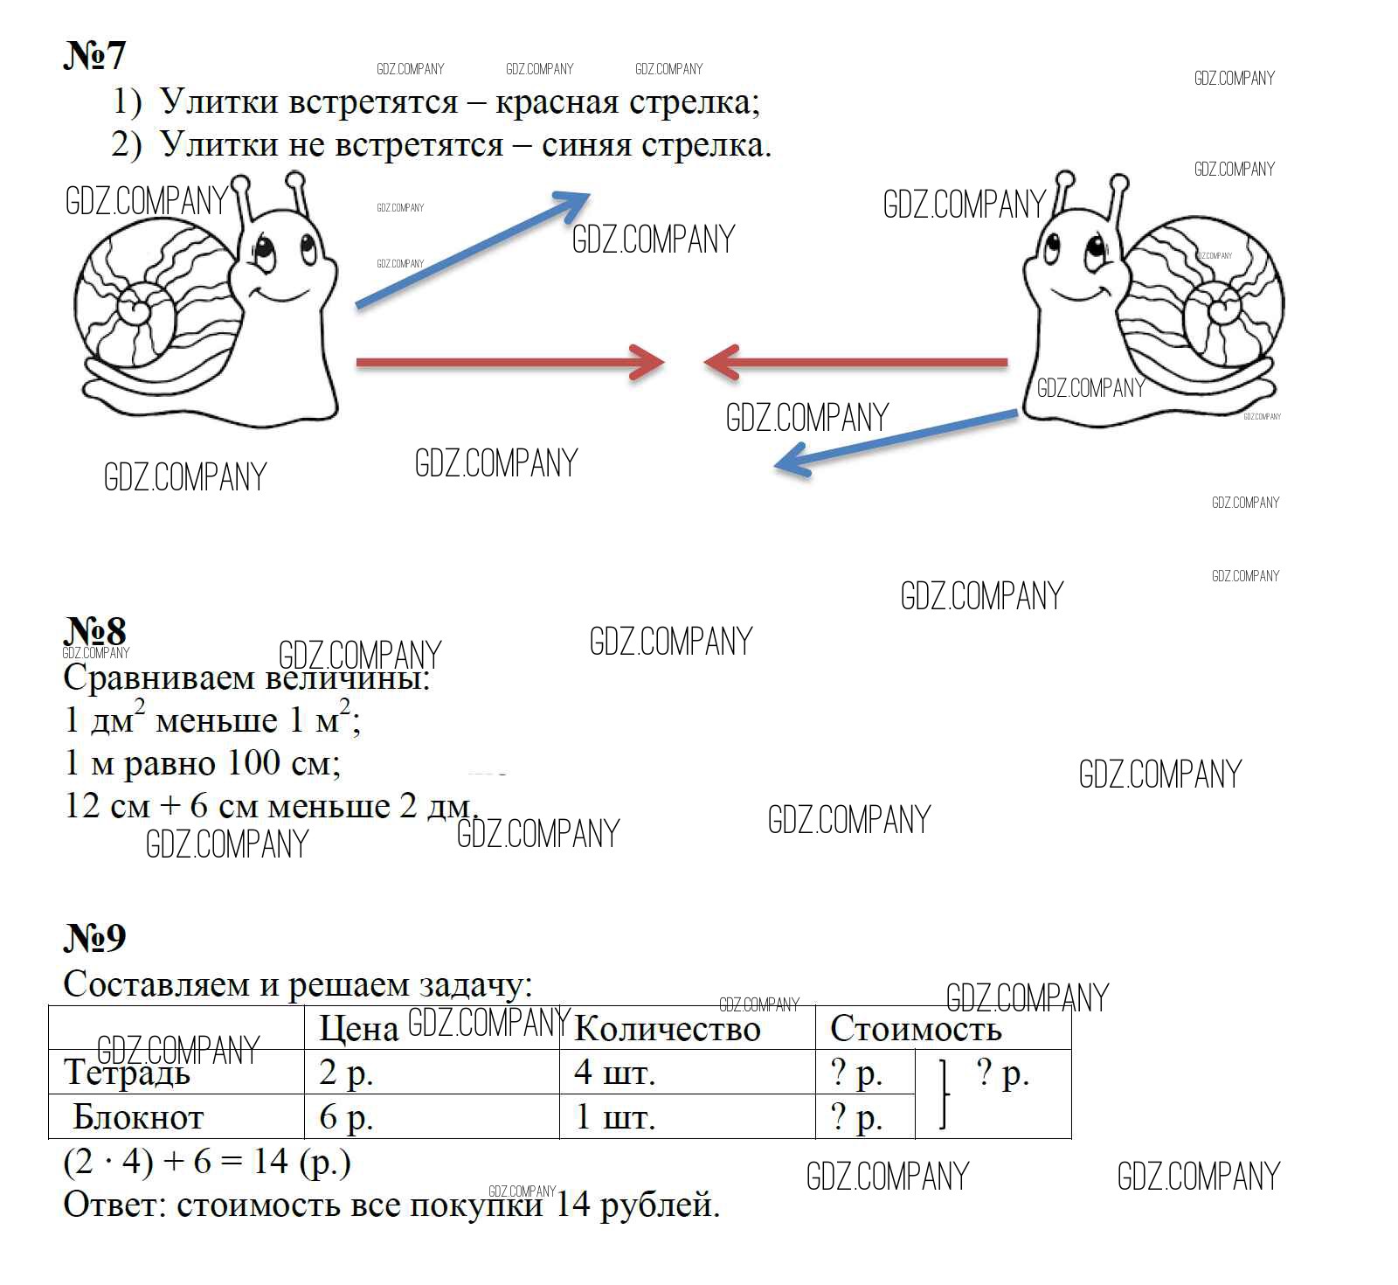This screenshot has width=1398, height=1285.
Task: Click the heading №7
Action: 94,55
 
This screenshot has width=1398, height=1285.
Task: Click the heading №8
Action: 94,630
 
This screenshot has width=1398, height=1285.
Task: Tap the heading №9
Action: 94,937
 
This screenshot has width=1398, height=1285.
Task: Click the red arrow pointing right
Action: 510,362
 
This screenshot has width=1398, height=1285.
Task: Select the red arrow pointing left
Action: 856,362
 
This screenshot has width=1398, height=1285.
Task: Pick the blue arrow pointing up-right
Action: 473,249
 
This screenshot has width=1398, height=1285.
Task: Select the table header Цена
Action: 358,1029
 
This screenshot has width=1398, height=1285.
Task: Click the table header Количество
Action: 668,1029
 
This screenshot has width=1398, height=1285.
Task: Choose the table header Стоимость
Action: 916,1029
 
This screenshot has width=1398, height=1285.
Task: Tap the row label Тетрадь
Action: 127,1073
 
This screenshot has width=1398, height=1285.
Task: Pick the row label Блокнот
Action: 138,1117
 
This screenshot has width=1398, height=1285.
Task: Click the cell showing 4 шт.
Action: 615,1073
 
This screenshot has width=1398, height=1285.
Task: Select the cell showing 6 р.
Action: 346,1118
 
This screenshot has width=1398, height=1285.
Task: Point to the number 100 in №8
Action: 254,763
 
